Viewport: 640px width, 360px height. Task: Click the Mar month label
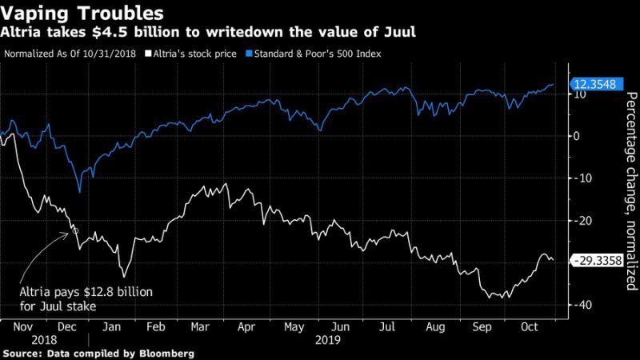pyautogui.click(x=199, y=327)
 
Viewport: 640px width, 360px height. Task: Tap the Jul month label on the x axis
pyautogui.click(x=387, y=327)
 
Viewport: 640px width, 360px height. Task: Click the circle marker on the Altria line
pyautogui.click(x=76, y=230)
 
